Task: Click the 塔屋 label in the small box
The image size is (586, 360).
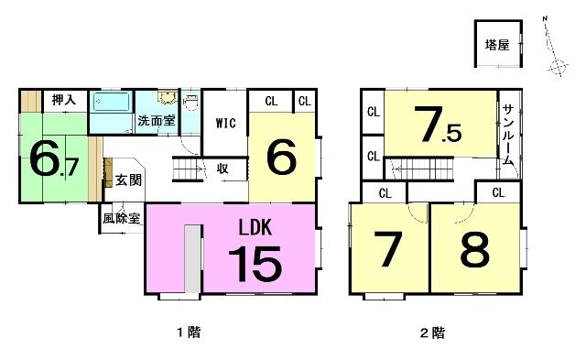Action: (x=497, y=45)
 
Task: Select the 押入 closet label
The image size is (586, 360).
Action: (x=64, y=100)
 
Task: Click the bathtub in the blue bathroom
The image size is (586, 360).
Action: (x=112, y=102)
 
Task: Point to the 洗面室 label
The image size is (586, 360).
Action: (x=157, y=120)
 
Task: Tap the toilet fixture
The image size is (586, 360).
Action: (x=191, y=103)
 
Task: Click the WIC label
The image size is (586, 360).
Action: (x=226, y=123)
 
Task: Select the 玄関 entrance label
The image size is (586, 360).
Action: (x=128, y=180)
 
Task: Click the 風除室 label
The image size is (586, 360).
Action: (x=122, y=218)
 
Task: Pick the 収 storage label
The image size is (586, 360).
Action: (x=222, y=169)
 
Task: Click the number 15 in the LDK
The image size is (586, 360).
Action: (x=255, y=264)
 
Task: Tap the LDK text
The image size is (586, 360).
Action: (x=255, y=227)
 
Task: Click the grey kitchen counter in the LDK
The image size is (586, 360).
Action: (x=193, y=258)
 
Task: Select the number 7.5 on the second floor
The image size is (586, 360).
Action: (x=438, y=125)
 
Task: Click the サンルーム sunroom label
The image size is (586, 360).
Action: (x=508, y=135)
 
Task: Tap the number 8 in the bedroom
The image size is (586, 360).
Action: (x=474, y=249)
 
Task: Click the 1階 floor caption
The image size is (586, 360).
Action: (x=189, y=332)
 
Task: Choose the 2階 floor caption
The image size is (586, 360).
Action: (x=432, y=333)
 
